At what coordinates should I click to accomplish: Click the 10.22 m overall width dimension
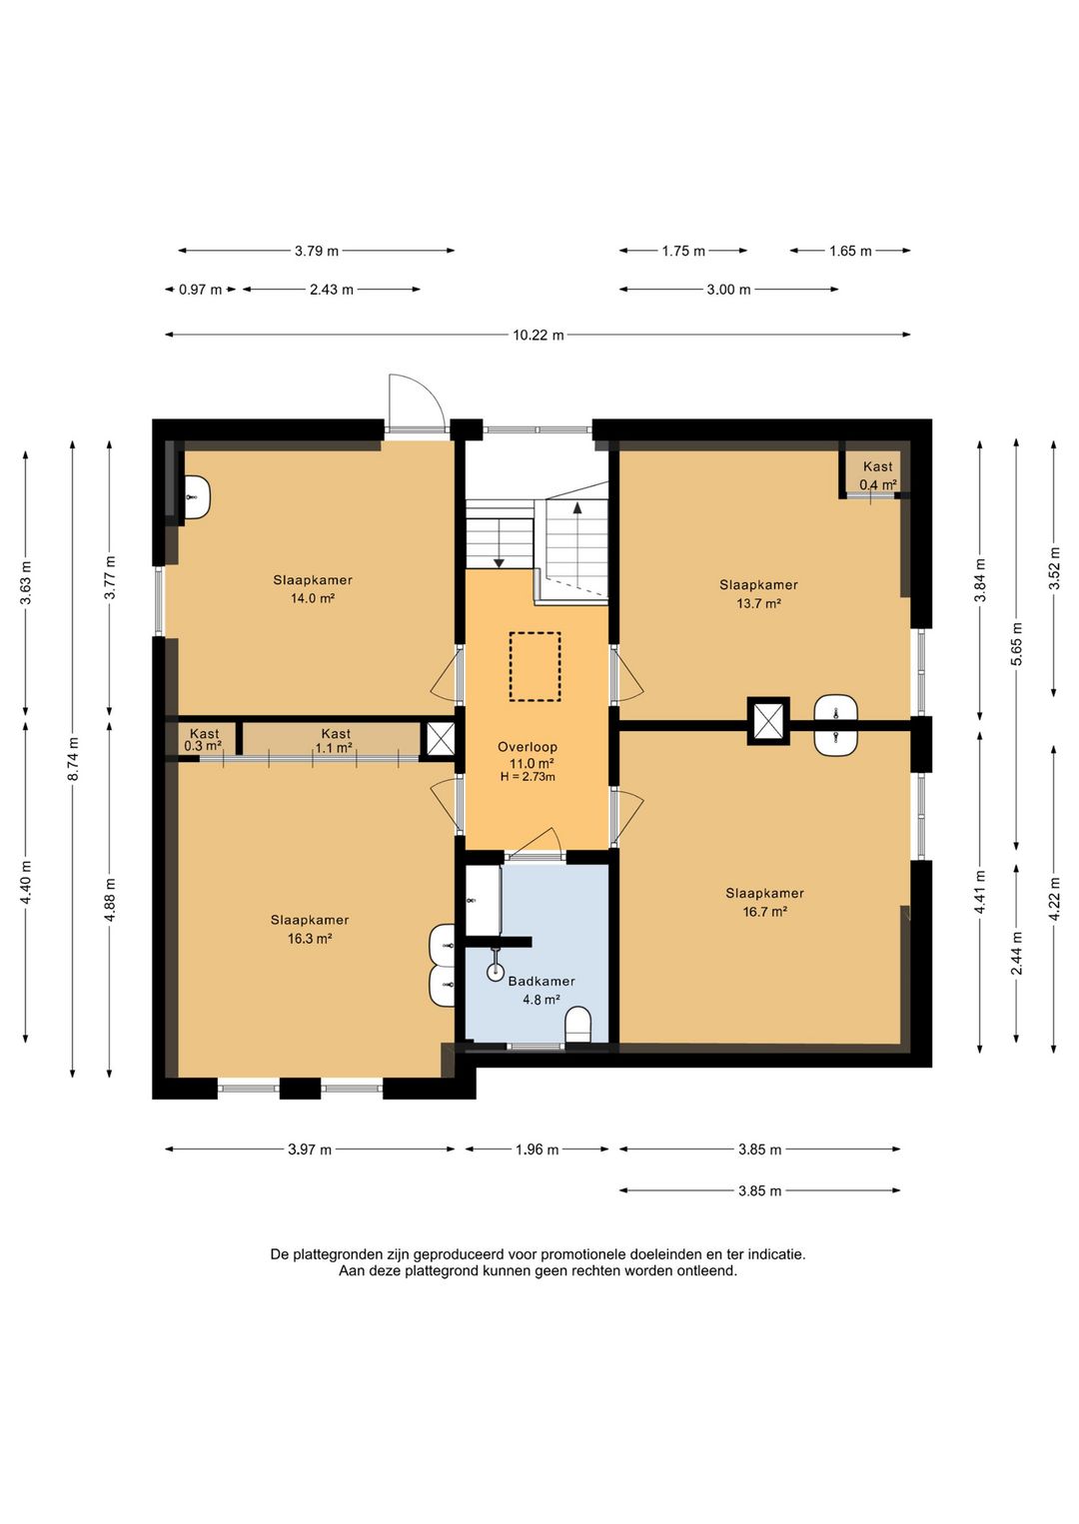click(538, 335)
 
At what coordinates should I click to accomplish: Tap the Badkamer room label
click(541, 981)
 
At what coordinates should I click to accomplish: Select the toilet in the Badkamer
click(579, 1026)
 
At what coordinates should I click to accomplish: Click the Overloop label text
click(527, 747)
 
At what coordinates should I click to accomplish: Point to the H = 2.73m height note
click(528, 777)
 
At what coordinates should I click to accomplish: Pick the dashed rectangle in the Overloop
click(536, 667)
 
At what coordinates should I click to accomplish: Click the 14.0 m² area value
click(313, 599)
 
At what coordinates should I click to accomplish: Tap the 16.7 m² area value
click(764, 912)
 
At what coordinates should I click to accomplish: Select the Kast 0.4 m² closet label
click(877, 475)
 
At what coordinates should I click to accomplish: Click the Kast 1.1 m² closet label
click(335, 741)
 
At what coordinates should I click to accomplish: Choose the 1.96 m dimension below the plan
click(538, 1149)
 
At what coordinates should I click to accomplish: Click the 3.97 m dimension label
click(310, 1149)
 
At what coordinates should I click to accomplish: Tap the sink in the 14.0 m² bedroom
click(198, 497)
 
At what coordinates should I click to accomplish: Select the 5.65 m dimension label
click(1016, 644)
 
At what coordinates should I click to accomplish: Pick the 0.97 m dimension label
click(200, 290)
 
